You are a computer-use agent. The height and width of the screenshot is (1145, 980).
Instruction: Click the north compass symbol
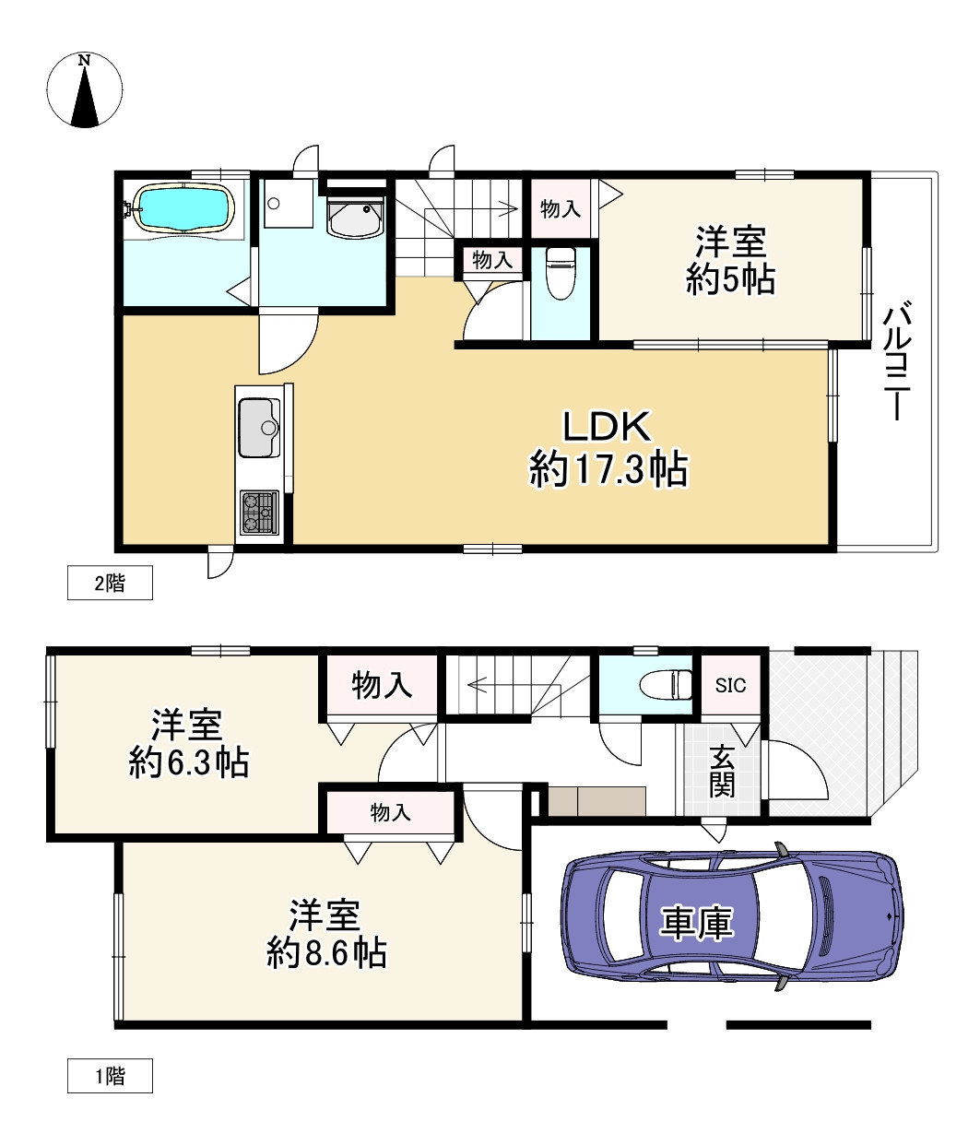85,90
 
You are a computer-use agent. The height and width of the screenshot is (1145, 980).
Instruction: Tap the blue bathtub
183,208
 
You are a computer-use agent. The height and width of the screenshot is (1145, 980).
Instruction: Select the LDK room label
607,427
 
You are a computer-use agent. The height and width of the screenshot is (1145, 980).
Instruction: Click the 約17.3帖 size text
608,469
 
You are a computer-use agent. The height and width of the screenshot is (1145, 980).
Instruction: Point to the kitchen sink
260,427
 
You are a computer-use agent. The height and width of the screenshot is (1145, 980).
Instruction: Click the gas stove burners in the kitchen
259,513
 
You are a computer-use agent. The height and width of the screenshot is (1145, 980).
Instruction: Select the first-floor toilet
665,684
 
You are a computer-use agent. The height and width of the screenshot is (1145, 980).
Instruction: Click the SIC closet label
730,685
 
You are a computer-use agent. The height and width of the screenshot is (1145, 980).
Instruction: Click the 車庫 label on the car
697,922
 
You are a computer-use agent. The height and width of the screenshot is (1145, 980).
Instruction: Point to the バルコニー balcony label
898,360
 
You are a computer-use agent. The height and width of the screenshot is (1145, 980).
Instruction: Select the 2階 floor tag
110,584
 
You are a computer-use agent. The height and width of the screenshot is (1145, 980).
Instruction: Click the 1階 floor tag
110,1076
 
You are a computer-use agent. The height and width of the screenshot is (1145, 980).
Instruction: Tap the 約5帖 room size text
730,279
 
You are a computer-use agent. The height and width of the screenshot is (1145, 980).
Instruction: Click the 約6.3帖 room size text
189,763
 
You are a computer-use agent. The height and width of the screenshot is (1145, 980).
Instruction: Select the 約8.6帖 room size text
326,952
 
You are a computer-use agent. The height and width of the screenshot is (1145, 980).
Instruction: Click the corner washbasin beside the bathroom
355,218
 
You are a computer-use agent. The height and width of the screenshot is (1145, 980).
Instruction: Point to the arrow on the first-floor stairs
478,685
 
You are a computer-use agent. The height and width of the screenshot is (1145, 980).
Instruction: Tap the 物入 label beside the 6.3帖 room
382,685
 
